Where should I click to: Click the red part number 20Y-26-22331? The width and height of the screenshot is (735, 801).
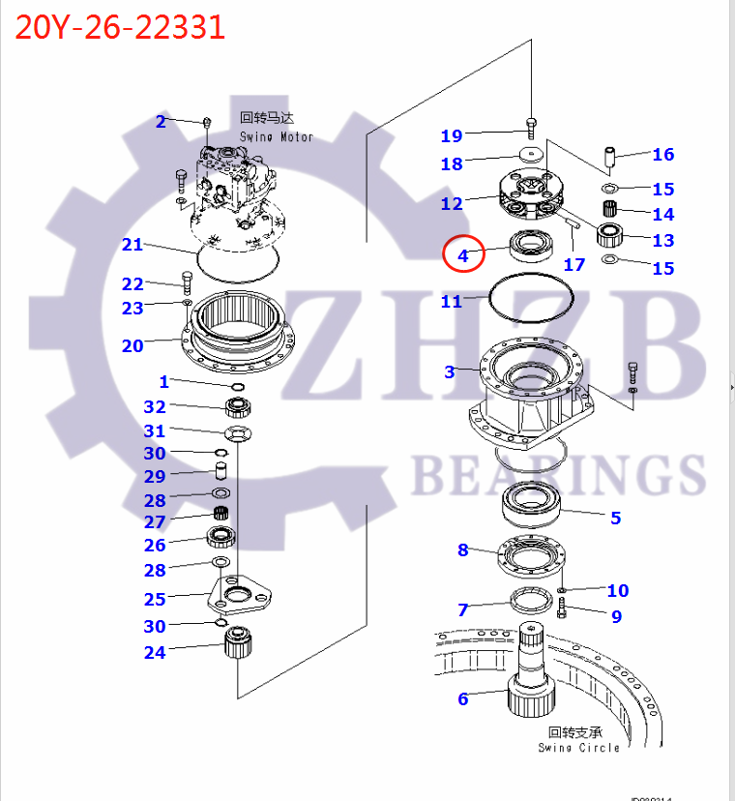point(120,26)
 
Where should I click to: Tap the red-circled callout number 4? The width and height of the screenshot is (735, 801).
point(462,256)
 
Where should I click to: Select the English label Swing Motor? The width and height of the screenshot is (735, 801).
point(277,136)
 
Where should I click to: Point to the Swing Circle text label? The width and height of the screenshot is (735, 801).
point(578,748)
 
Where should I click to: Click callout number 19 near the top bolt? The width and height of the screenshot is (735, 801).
point(452,135)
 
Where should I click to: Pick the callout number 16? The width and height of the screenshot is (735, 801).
point(662,154)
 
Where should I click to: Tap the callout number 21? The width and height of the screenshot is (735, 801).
point(132,245)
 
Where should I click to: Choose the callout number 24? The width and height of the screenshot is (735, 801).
point(155,652)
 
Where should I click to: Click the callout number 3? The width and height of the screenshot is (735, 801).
point(449,371)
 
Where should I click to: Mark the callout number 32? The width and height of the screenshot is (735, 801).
point(155,407)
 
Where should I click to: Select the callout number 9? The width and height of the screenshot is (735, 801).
point(616,616)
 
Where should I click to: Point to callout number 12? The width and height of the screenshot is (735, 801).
point(452,203)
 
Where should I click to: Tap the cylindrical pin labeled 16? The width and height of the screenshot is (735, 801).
point(610,156)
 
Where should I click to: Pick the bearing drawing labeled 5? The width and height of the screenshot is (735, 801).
point(532,504)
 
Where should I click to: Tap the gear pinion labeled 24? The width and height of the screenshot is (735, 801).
point(237,642)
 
